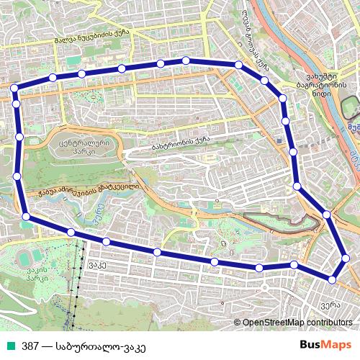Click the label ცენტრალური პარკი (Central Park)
80,148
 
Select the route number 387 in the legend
31,345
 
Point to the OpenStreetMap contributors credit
297,323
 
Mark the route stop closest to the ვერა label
333,278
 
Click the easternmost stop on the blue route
346,258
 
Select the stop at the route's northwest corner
14,88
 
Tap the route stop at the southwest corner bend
26,216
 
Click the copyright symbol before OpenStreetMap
238,323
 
